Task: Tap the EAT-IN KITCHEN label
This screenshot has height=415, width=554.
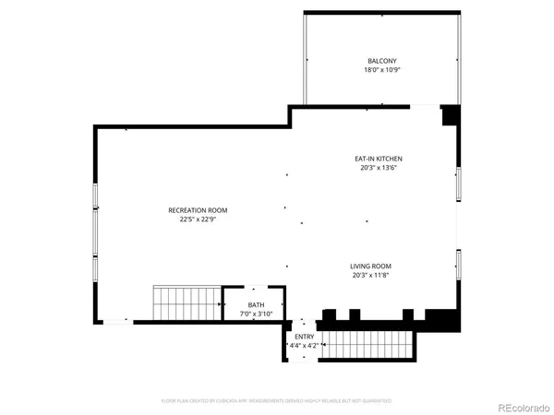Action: click(379, 159)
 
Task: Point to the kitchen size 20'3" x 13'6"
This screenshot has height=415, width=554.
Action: click(379, 168)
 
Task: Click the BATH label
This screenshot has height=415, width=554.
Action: click(256, 304)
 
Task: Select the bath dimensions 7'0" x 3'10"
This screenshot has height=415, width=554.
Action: click(256, 314)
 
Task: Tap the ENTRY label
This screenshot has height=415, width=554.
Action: click(304, 337)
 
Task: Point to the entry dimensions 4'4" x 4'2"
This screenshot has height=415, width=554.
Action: click(304, 346)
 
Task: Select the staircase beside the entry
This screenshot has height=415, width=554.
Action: click(367, 344)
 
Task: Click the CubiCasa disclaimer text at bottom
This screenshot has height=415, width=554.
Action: click(277, 401)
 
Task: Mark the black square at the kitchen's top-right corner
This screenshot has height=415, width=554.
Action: click(451, 115)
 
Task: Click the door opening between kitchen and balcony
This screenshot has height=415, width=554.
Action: click(424, 106)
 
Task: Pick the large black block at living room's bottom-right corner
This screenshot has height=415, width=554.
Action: click(448, 319)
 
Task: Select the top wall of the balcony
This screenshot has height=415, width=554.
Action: click(381, 13)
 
